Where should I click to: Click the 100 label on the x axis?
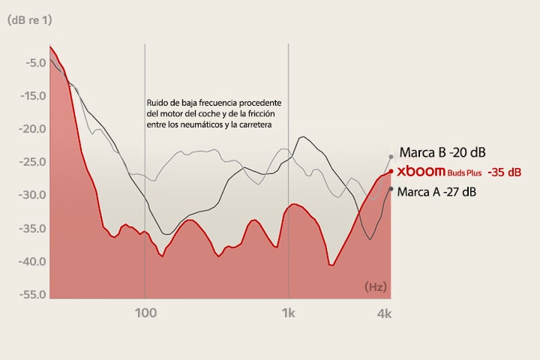click(x=145, y=313)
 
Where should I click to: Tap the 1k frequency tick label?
click(x=288, y=313)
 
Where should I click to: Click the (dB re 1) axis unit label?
click(x=29, y=20)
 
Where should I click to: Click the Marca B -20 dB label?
click(x=443, y=152)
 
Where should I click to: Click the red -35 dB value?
click(x=504, y=172)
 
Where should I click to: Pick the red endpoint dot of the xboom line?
click(x=391, y=171)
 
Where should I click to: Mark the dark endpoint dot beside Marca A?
click(x=391, y=188)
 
